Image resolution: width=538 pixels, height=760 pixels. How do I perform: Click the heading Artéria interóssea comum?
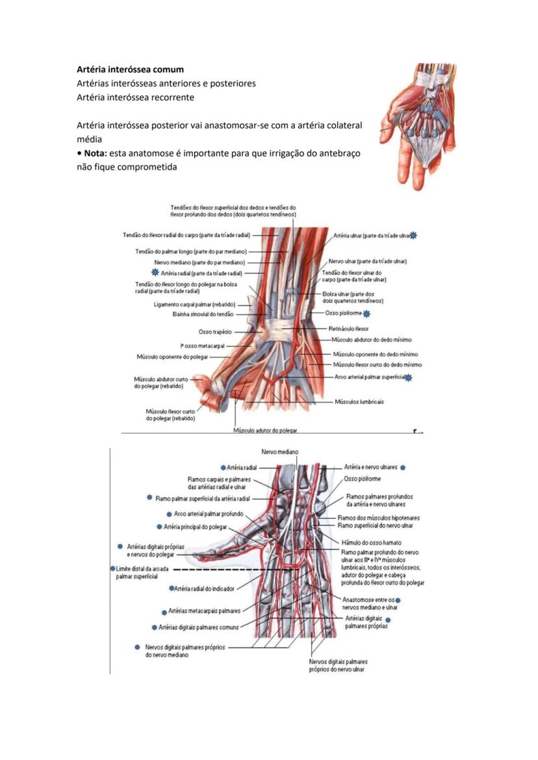[x=130, y=69]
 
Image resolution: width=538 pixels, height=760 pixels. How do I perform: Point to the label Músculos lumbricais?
[x=359, y=401]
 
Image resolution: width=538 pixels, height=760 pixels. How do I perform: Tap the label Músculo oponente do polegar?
[x=172, y=357]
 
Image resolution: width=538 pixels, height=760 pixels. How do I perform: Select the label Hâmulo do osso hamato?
[x=370, y=542]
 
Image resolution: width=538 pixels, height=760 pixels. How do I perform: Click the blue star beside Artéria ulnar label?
[x=414, y=236]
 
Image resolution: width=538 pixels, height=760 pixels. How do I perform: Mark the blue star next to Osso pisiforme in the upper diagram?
[x=367, y=314]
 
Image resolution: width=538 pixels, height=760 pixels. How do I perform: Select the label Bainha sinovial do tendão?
[x=203, y=314]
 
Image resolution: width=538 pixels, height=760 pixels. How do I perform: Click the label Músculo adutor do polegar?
[x=266, y=430]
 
